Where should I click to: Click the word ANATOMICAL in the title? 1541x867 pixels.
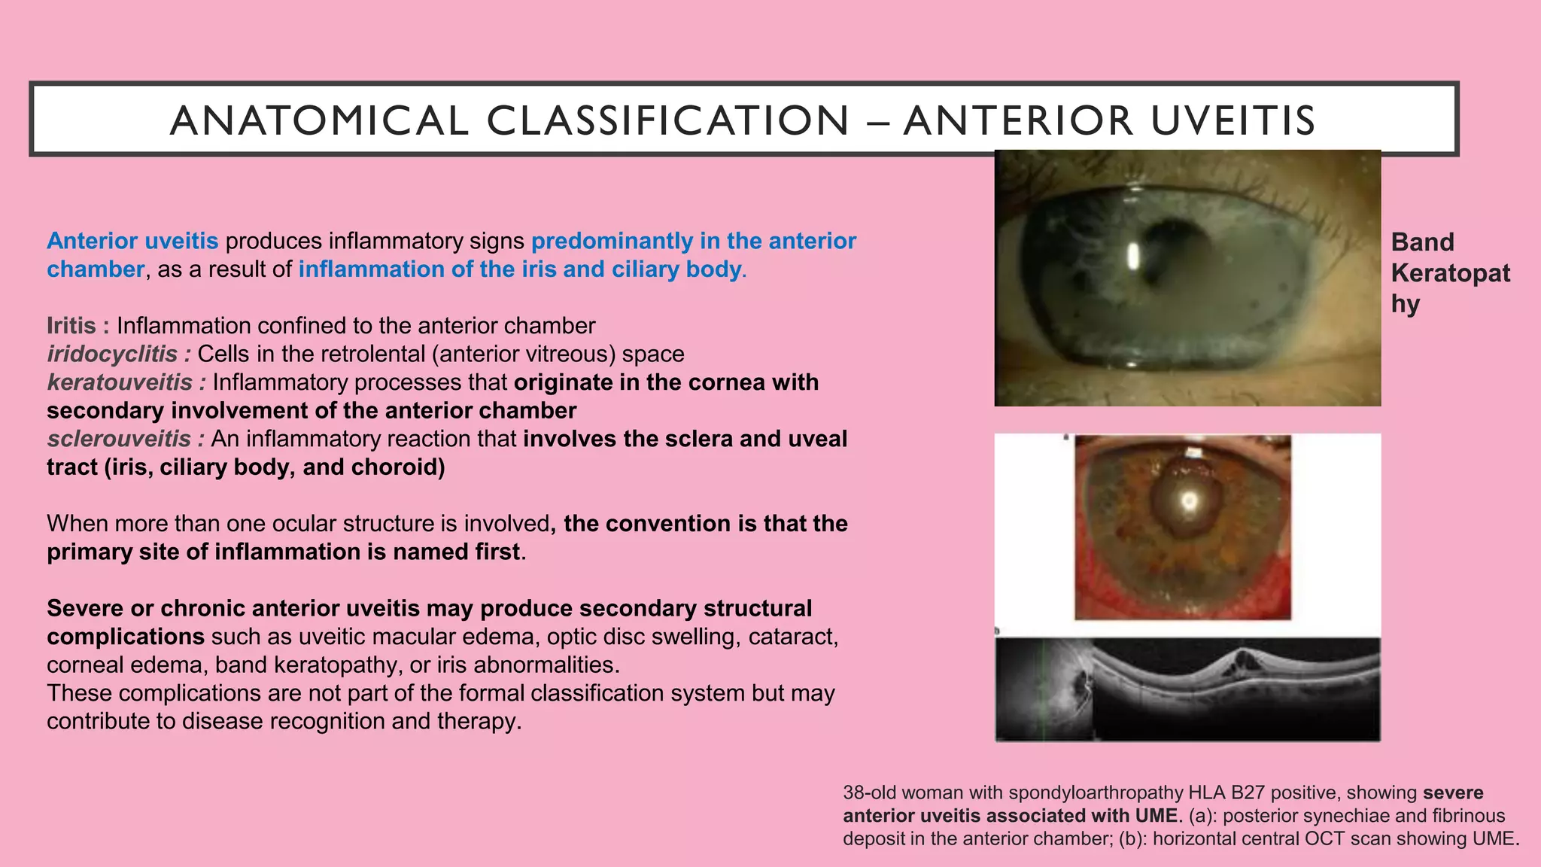[320, 120]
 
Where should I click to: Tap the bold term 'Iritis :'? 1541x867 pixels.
[78, 326]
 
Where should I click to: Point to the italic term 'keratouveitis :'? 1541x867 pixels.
[126, 382]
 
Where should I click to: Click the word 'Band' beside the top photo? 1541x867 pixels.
[1422, 242]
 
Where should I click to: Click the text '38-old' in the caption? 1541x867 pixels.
[870, 792]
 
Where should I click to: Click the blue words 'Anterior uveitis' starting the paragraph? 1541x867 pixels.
[132, 241]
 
